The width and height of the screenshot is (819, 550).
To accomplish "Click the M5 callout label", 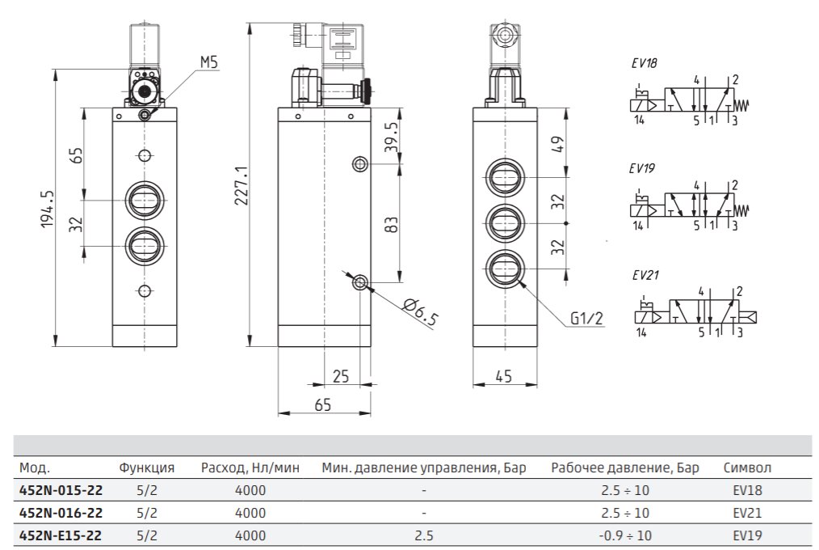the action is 209,62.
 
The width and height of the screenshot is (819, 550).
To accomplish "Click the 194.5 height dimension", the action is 48,209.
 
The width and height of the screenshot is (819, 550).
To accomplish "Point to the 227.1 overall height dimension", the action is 241,185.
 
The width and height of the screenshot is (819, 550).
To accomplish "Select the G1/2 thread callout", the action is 586,317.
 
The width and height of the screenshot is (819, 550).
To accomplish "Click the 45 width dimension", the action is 503,376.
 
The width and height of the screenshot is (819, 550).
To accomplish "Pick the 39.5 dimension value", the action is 391,137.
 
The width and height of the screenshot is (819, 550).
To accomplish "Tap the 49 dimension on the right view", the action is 558,144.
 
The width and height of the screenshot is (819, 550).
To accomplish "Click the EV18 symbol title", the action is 644,63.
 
